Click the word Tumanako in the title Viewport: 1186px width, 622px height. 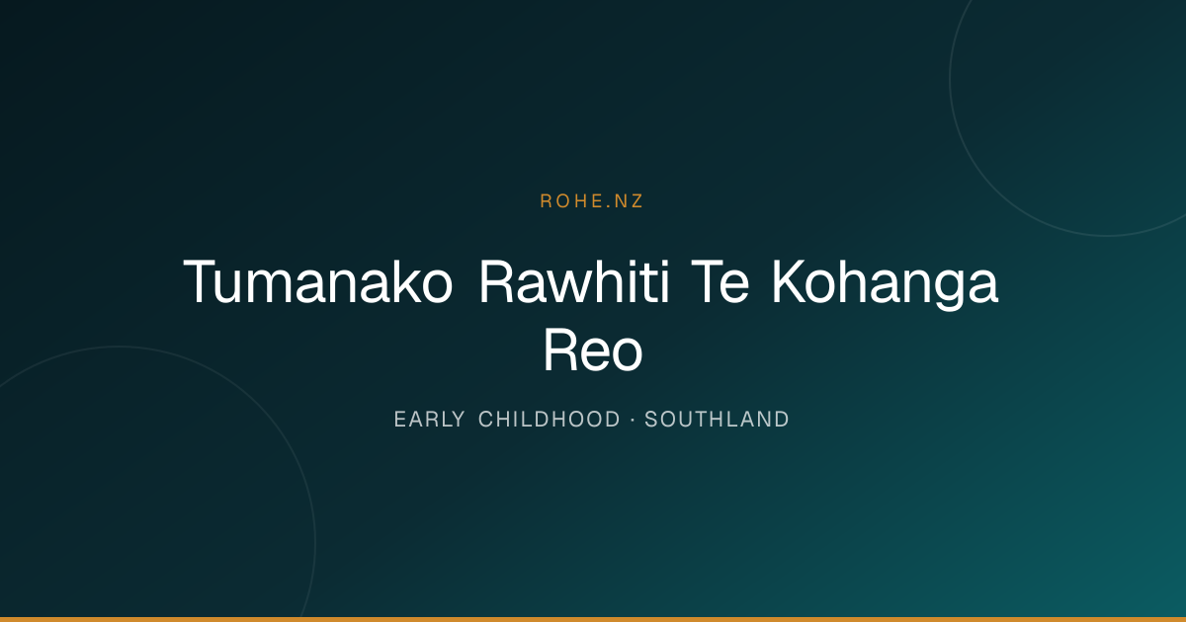(317, 282)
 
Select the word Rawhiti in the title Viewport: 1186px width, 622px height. (574, 282)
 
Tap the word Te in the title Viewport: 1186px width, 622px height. (720, 282)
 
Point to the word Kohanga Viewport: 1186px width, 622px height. (886, 284)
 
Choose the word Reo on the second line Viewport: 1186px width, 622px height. (593, 350)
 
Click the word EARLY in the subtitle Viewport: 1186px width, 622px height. (429, 420)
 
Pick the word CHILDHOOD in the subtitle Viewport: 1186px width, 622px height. (550, 420)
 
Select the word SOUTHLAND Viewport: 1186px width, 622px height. (717, 420)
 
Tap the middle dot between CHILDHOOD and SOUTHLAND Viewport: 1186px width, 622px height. (633, 420)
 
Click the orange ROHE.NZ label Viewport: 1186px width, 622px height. (591, 201)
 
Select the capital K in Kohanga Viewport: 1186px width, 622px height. (790, 281)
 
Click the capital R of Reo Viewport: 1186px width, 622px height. (560, 350)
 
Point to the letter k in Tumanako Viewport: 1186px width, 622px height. (389, 281)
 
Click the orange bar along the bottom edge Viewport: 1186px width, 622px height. (593, 619)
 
